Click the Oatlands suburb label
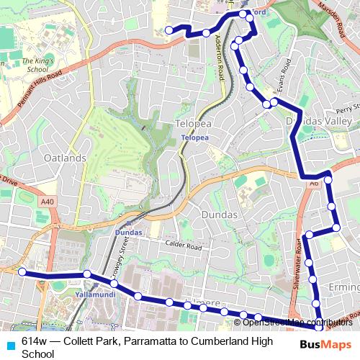tap(65, 158)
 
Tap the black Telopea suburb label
tap(192, 124)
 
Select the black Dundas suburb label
tap(220, 215)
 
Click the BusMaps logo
tap(326, 344)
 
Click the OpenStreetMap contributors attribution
tap(292, 323)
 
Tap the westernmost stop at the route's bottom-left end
tap(22, 271)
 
